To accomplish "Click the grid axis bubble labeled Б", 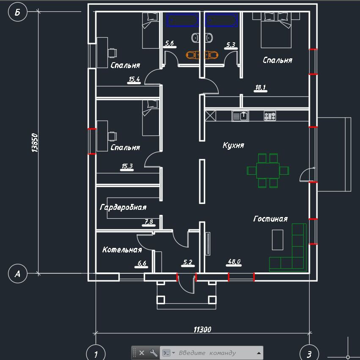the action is click(x=17, y=12).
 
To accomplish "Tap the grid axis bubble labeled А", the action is click(x=17, y=274).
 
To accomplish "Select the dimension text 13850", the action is click(x=35, y=143).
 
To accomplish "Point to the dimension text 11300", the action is click(x=202, y=330).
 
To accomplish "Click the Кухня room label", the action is click(x=233, y=145).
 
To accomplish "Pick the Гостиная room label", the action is click(x=270, y=219).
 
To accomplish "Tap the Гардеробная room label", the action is click(x=123, y=207).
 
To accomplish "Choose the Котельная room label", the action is click(x=122, y=250).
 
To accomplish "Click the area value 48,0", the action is click(x=234, y=262).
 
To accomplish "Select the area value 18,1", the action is click(x=261, y=88).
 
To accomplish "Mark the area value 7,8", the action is click(x=149, y=221).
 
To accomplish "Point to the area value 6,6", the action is click(x=142, y=263).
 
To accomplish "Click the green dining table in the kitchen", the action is click(x=268, y=170).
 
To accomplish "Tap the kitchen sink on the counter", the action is click(x=240, y=115).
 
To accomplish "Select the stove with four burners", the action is click(x=270, y=115).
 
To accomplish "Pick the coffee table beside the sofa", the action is click(x=278, y=240).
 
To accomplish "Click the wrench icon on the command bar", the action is click(x=154, y=353).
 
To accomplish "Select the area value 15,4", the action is click(x=134, y=79).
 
